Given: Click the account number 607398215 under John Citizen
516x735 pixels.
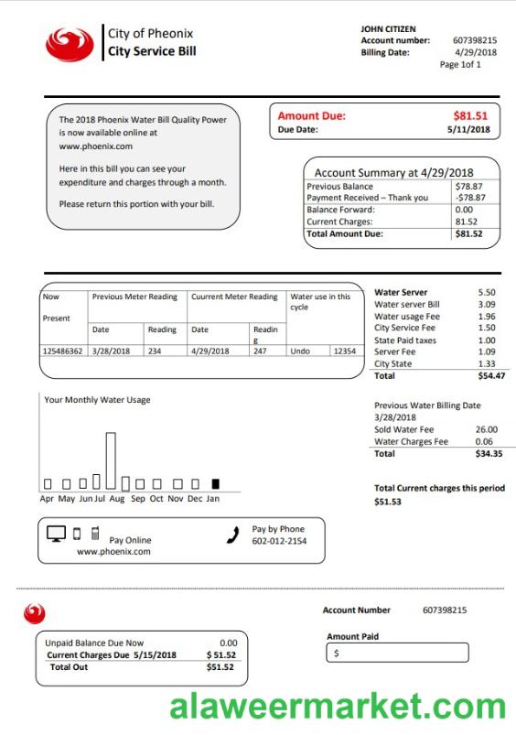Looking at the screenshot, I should pyautogui.click(x=475, y=40).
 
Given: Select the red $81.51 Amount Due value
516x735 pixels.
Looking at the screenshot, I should pyautogui.click(x=471, y=116).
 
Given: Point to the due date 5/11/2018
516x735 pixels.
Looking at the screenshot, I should pyautogui.click(x=468, y=130).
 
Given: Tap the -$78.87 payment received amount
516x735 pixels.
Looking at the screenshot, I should pyautogui.click(x=469, y=198).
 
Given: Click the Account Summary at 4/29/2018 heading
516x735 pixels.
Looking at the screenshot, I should pyautogui.click(x=393, y=172).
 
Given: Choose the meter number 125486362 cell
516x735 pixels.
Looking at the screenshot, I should pyautogui.click(x=62, y=351).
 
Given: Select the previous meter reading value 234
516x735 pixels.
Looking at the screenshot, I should pyautogui.click(x=155, y=351).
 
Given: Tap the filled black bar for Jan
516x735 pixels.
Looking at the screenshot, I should pyautogui.click(x=216, y=482).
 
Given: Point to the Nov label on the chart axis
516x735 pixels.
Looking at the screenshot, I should pyautogui.click(x=177, y=499).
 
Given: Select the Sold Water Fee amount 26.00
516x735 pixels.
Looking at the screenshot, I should pyautogui.click(x=487, y=429).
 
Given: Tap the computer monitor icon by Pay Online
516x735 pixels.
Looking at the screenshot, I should pyautogui.click(x=56, y=534).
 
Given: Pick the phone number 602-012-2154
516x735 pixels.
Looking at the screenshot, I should pyautogui.click(x=279, y=542).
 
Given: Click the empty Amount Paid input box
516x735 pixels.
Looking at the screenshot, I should pyautogui.click(x=398, y=653).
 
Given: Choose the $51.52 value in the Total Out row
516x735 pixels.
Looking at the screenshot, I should pyautogui.click(x=220, y=667).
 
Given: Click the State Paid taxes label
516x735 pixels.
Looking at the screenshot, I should pyautogui.click(x=405, y=340).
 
